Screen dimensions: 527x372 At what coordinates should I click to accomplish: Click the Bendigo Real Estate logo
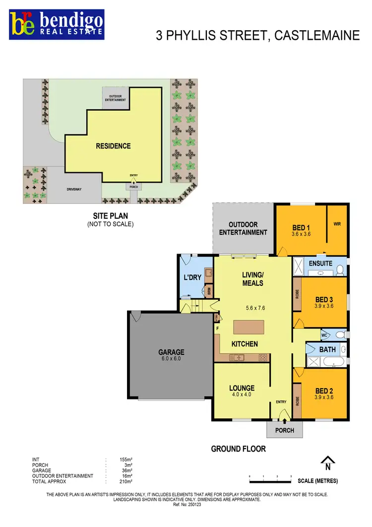pyautogui.click(x=57, y=23)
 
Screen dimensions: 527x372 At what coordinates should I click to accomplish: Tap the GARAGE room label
pyautogui.click(x=172, y=352)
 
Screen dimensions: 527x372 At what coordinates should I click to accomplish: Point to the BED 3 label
pyautogui.click(x=324, y=299)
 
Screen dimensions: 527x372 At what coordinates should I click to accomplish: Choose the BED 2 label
pyautogui.click(x=324, y=391)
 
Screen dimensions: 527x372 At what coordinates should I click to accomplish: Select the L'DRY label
pyautogui.click(x=192, y=277)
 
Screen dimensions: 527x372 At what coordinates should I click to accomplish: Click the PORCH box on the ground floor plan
pyautogui.click(x=285, y=430)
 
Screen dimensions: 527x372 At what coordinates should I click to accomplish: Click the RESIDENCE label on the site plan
pyautogui.click(x=114, y=146)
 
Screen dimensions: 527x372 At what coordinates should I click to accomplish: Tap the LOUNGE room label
pyautogui.click(x=242, y=388)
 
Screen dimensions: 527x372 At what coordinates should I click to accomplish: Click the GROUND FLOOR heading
pyautogui.click(x=238, y=449)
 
